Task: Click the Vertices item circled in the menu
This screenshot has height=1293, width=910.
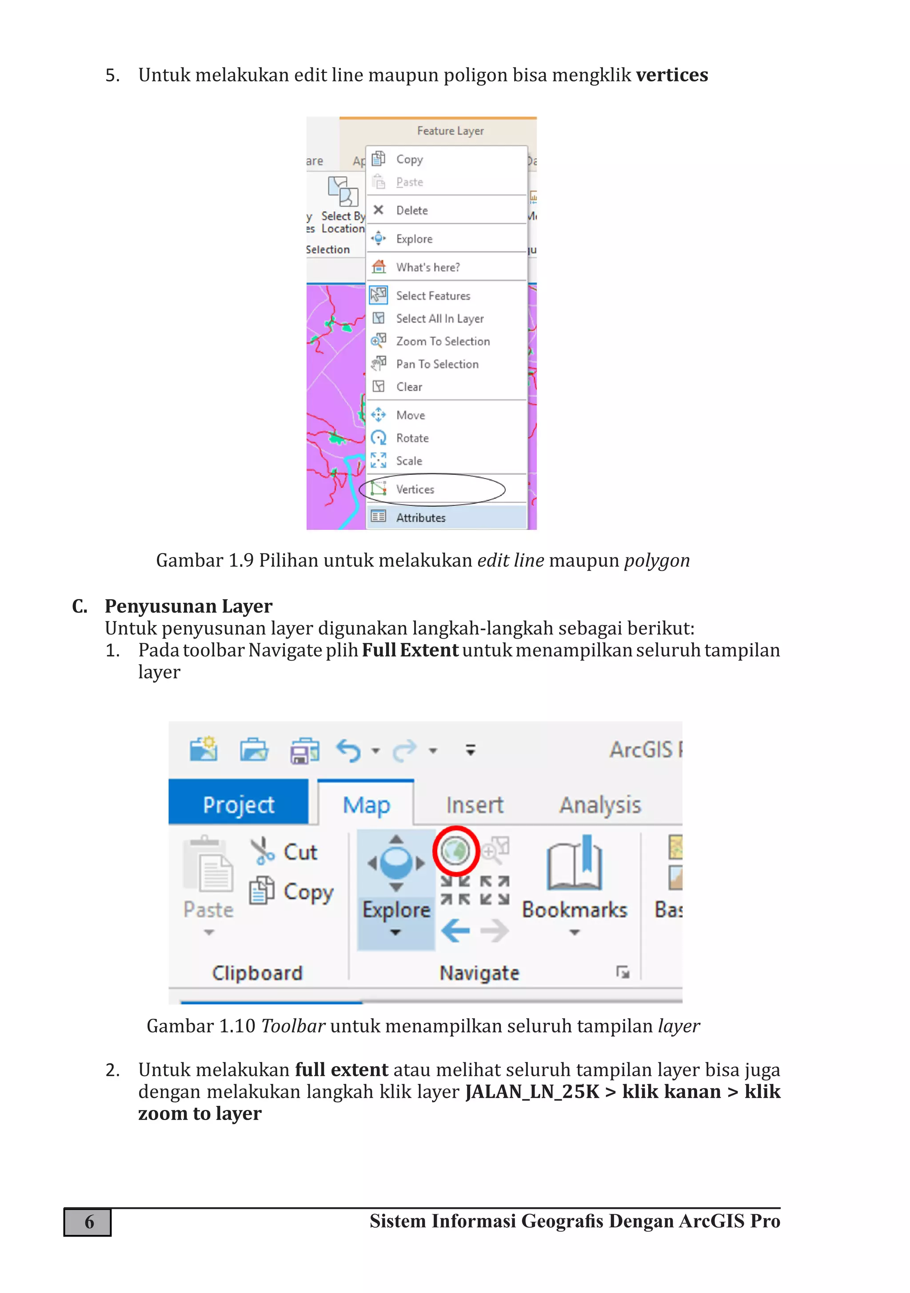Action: point(415,489)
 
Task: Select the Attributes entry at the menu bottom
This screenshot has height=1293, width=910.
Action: point(421,517)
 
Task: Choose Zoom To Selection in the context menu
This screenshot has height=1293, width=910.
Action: point(443,341)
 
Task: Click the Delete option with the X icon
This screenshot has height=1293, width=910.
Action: point(411,211)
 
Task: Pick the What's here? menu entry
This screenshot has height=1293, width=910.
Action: point(427,268)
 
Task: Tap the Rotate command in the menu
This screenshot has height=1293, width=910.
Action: point(412,438)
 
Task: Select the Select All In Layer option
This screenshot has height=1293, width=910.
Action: point(439,319)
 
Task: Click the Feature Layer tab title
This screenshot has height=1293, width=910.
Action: point(450,131)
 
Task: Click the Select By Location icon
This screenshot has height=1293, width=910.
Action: point(343,192)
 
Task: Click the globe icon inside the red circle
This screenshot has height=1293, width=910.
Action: point(455,850)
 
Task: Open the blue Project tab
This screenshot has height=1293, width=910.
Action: point(238,805)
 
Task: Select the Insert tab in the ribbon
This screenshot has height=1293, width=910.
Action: point(474,805)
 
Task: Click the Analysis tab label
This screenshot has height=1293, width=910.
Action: point(600,805)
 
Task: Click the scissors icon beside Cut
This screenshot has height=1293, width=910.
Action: point(262,852)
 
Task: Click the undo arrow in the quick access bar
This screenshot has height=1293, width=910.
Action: point(348,751)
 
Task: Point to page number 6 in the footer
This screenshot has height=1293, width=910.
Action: point(88,1222)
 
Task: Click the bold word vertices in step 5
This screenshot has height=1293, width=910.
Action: point(671,75)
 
